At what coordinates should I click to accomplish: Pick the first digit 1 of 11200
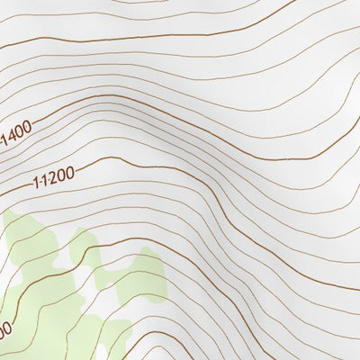36,184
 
